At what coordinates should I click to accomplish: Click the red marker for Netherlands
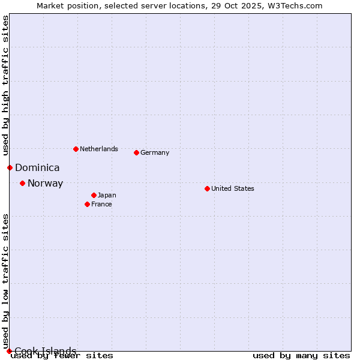click(76, 149)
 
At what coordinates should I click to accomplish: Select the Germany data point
click(136, 152)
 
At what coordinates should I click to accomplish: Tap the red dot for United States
click(207, 188)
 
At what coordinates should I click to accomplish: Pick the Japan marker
click(94, 195)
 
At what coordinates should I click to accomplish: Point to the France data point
click(87, 204)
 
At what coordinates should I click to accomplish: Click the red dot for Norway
click(22, 183)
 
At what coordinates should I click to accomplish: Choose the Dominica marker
click(10, 167)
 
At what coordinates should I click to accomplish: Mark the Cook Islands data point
click(9, 351)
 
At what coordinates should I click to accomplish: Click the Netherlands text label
click(98, 149)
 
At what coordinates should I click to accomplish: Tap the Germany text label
click(155, 152)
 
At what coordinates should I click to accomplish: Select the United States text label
click(232, 188)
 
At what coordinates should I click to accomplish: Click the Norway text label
click(45, 184)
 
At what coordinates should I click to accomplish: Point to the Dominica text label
click(37, 168)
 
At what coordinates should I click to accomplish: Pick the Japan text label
click(107, 195)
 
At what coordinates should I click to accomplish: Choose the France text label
click(101, 204)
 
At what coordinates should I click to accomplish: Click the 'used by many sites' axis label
click(301, 356)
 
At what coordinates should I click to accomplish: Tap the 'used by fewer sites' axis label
click(62, 356)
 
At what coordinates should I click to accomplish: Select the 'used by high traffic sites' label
click(5, 85)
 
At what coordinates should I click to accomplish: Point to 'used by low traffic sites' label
click(5, 281)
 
